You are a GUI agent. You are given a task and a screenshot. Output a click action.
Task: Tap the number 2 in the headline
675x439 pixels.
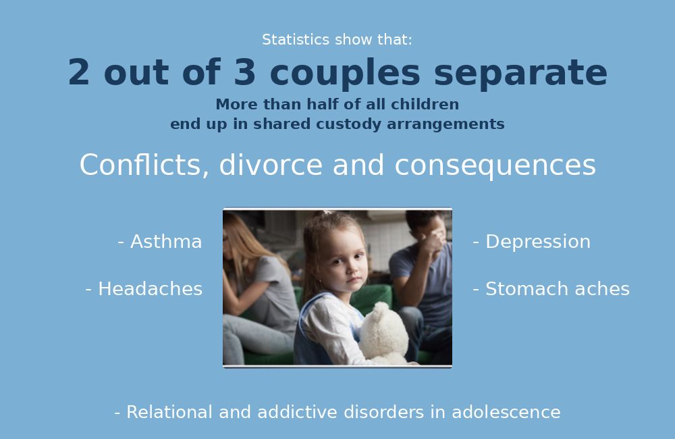[x=79, y=72]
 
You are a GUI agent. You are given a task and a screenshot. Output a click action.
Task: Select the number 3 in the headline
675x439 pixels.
[x=245, y=72]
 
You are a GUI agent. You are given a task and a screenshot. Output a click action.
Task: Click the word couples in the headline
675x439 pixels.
[x=345, y=73]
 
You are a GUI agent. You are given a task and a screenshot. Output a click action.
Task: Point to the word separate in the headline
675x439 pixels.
[x=520, y=73]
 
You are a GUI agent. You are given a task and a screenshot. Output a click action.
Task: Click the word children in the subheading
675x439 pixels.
[x=425, y=104]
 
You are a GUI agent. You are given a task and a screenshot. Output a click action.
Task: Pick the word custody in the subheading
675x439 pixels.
[x=349, y=124]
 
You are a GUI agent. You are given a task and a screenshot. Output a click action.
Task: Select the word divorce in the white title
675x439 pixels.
[x=271, y=165]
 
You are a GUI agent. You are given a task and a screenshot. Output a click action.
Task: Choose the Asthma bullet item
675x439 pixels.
[x=160, y=242]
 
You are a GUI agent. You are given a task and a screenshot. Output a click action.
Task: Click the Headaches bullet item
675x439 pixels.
[x=144, y=288]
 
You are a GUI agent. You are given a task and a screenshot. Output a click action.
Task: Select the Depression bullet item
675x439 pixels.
[x=532, y=242]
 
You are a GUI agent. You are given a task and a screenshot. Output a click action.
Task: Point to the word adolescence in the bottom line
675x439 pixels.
[x=506, y=412]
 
